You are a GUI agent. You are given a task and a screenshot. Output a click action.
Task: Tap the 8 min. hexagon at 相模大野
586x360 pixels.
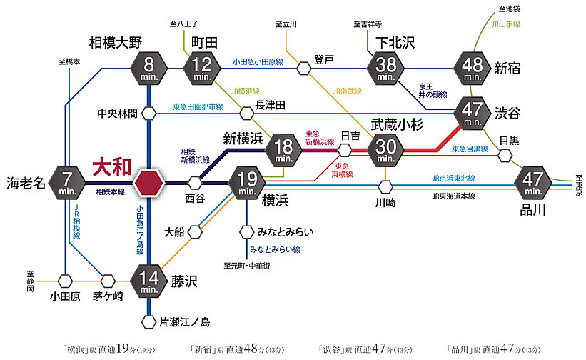pyautogui.click(x=149, y=69)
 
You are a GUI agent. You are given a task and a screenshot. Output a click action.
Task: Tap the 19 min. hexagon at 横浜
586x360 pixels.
pyautogui.click(x=247, y=183)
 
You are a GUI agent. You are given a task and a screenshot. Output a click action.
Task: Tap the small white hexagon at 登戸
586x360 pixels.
pyautogui.click(x=305, y=69)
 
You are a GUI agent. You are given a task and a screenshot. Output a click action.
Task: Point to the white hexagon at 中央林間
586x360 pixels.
pyautogui.click(x=149, y=113)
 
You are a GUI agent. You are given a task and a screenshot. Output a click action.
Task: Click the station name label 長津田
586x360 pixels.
pyautogui.click(x=271, y=105)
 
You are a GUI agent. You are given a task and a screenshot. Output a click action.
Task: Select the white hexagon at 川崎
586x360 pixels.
pyautogui.click(x=385, y=187)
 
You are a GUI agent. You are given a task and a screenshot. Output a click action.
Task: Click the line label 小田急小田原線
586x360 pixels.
pyautogui.click(x=258, y=63)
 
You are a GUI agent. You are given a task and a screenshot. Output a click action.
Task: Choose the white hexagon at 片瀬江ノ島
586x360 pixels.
pyautogui.click(x=149, y=322)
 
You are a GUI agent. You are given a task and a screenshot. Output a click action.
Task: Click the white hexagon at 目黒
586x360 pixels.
pyautogui.click(x=505, y=155)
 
